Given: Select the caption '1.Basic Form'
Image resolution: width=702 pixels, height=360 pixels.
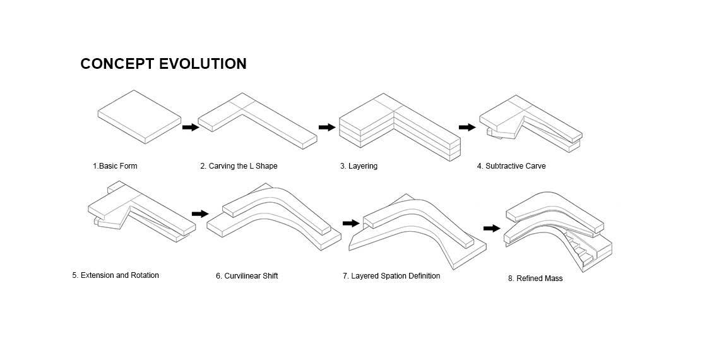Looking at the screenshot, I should click(x=115, y=166).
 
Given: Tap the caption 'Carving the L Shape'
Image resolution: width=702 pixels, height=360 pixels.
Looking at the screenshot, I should click(x=243, y=166).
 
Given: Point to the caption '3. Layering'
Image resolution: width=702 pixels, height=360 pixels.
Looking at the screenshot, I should click(x=359, y=166).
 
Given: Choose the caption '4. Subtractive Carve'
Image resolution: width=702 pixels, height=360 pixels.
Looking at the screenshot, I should click(x=511, y=166).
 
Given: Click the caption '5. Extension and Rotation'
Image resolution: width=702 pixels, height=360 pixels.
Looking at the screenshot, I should click(x=116, y=275).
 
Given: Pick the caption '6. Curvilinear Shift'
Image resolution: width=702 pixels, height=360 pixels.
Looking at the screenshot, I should click(x=247, y=276).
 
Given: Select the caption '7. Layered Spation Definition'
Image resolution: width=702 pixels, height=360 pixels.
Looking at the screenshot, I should click(x=391, y=276).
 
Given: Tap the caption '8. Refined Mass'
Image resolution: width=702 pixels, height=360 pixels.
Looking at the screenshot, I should click(x=535, y=279).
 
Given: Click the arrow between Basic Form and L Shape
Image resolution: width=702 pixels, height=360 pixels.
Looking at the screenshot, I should click(x=190, y=128).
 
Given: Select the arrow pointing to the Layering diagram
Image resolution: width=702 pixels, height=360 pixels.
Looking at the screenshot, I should click(x=326, y=128).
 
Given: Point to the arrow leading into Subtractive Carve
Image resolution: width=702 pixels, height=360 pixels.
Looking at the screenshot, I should click(x=467, y=128).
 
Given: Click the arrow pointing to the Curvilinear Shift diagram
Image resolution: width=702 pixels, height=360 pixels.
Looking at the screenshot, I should click(x=199, y=214).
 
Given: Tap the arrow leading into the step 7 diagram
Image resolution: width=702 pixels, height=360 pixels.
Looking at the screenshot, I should click(x=350, y=224).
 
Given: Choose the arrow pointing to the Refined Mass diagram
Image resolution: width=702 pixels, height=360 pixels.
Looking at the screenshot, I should click(x=492, y=228).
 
